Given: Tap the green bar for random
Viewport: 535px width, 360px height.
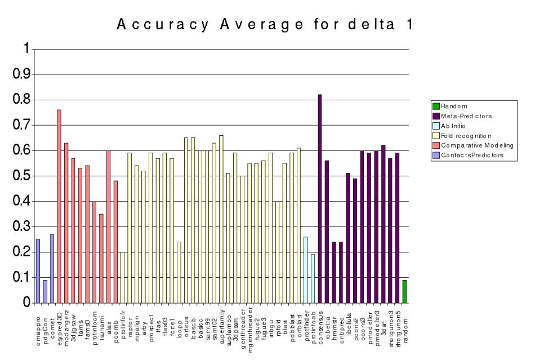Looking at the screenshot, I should (x=404, y=291).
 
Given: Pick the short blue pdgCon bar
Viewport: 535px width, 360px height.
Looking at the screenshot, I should (x=45, y=291).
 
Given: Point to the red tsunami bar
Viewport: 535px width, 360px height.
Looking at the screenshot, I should (x=101, y=258).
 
